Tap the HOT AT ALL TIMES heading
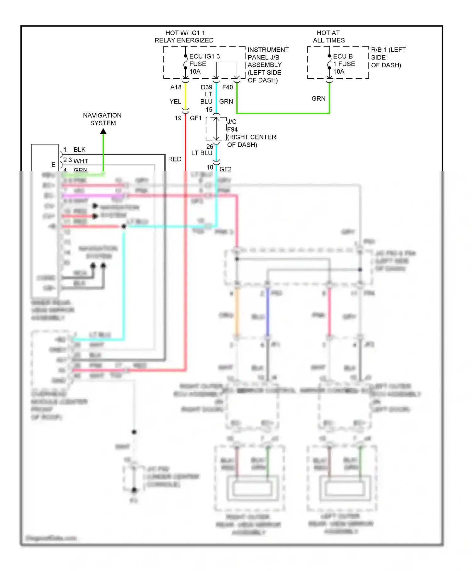pos(329,37)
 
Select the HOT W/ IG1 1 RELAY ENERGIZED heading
pos(184,37)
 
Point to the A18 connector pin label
pos(176,87)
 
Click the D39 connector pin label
pos(206,87)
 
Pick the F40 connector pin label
pos(228,87)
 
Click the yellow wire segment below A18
pos(186,96)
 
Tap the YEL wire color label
pos(175,101)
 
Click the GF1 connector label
pos(195,118)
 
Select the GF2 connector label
pos(225,169)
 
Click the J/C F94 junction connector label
pos(232,125)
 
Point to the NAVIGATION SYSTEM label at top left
pos(102,119)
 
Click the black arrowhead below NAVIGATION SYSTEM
pos(103,131)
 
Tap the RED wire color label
pos(175,159)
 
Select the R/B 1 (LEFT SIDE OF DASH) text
pos(388,57)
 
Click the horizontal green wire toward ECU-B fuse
pos(283,113)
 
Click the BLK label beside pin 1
pos(79,150)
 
